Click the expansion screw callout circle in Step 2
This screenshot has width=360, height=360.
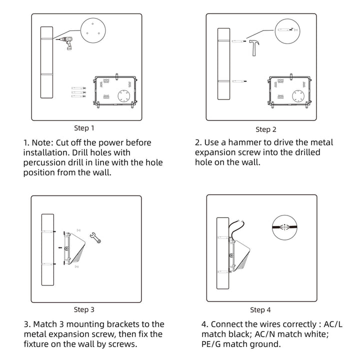pyautogui.click(x=287, y=30)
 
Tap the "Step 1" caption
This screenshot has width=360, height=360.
pyautogui.click(x=83, y=128)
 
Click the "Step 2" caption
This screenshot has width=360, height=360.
pyautogui.click(x=266, y=129)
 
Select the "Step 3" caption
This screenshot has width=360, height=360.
pyautogui.click(x=84, y=309)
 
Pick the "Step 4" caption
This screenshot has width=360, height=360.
pyautogui.click(x=260, y=310)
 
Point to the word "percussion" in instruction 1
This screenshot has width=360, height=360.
pyautogui.click(x=44, y=162)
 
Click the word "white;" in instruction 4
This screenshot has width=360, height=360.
pyautogui.click(x=313, y=334)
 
